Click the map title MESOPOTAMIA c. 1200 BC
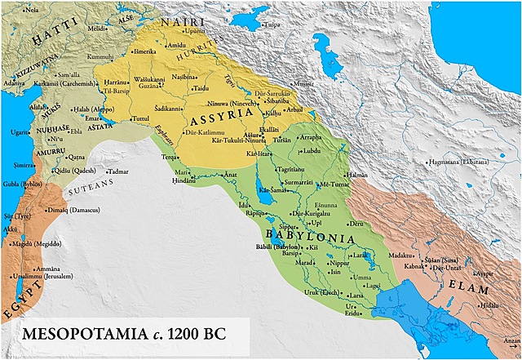click(x=126, y=335)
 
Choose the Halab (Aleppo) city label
click(x=72, y=109)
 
